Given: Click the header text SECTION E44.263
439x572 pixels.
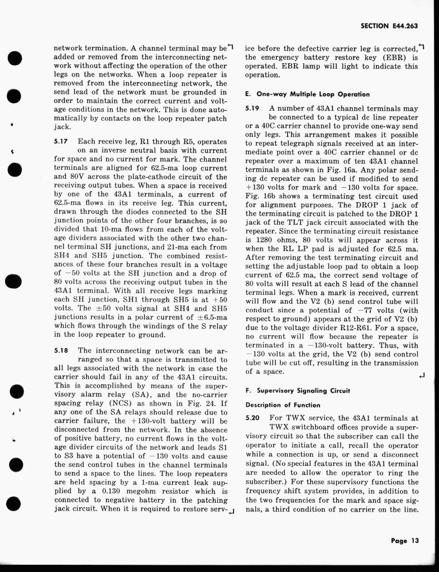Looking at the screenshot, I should coord(389,26).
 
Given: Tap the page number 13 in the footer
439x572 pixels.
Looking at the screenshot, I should coord(414,540).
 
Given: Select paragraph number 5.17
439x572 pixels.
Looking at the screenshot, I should coord(61,142).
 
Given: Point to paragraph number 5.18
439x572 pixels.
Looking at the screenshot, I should coord(61,351).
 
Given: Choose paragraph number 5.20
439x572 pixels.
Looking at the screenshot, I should coord(253,418).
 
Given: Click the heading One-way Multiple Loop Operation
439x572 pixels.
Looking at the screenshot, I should coord(311,94).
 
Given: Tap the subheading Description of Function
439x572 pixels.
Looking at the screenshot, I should coord(283,404).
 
